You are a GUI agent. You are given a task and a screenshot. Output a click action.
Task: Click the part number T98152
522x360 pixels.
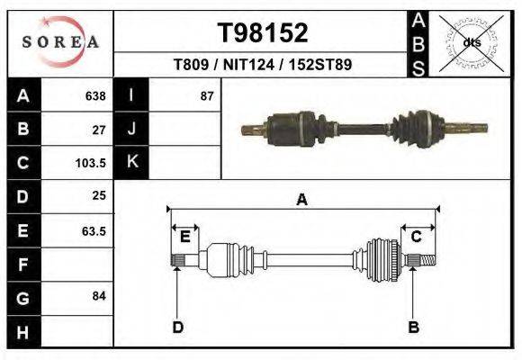tap(263, 33)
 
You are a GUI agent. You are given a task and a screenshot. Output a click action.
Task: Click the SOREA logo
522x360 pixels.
tap(60, 41)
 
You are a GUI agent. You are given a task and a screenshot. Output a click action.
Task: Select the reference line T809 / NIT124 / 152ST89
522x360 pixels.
tap(263, 65)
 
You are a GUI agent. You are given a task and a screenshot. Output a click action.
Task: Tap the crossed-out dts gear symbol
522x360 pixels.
tap(471, 42)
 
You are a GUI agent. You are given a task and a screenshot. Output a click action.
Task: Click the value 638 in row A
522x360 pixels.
tap(94, 95)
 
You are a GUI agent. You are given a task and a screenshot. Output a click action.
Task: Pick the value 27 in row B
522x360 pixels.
tap(99, 129)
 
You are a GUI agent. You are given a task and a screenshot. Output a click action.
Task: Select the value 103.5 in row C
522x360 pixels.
tap(92, 163)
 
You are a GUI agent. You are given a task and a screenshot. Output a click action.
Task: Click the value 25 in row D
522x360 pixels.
tap(99, 195)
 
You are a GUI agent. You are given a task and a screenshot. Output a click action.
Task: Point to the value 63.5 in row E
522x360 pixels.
tap(94, 230)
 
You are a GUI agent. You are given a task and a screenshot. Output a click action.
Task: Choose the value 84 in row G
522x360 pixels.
tap(99, 296)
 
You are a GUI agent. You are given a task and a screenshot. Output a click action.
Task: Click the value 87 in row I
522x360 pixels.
tap(207, 95)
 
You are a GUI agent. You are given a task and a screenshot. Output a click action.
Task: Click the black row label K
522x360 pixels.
tap(132, 162)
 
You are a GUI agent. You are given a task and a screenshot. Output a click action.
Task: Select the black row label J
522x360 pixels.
tap(132, 129)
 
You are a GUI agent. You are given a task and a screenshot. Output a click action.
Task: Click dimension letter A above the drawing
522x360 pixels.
tap(302, 200)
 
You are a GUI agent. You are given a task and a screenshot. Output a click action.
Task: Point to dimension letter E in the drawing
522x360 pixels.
tap(184, 237)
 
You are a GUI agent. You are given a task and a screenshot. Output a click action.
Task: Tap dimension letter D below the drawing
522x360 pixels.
tap(177, 327)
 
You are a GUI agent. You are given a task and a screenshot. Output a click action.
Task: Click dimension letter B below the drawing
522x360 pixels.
tap(414, 327)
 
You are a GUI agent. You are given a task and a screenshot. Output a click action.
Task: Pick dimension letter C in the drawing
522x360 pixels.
tap(417, 237)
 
